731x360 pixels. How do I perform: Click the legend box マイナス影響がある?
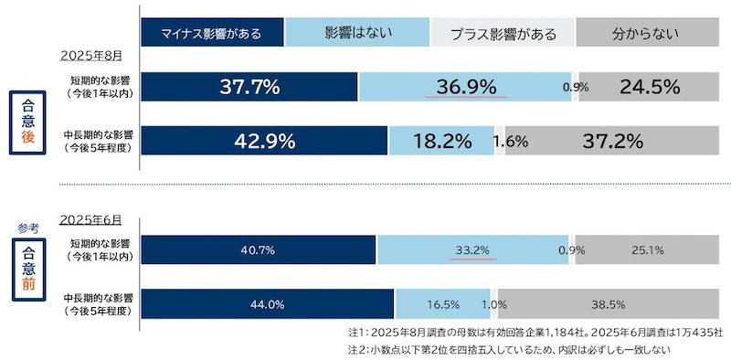click(212, 34)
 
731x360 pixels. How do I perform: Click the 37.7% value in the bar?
click(249, 88)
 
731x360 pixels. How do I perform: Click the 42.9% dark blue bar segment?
click(265, 141)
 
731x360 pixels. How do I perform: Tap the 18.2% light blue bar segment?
click(441, 141)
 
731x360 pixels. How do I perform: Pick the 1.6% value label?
click(509, 141)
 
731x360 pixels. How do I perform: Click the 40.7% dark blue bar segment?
click(259, 249)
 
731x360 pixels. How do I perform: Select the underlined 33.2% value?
click(472, 249)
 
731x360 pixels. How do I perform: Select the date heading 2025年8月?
click(90, 56)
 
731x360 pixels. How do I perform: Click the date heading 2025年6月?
click(90, 220)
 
